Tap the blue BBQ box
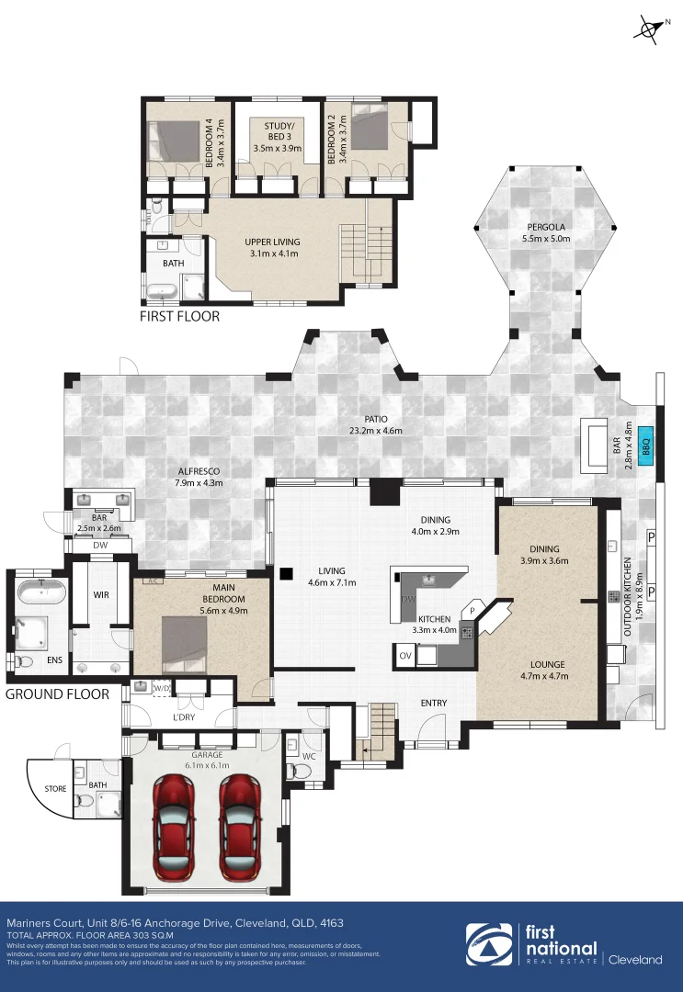pyautogui.click(x=646, y=445)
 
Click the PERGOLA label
pyautogui.click(x=545, y=227)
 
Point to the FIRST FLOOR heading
pyautogui.click(x=179, y=316)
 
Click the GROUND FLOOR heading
pyautogui.click(x=57, y=694)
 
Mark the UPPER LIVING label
pyautogui.click(x=272, y=242)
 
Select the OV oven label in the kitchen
pyautogui.click(x=405, y=656)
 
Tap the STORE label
pyautogui.click(x=55, y=787)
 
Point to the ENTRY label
pyautogui.click(x=434, y=704)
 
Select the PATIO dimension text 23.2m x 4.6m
pyautogui.click(x=375, y=430)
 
